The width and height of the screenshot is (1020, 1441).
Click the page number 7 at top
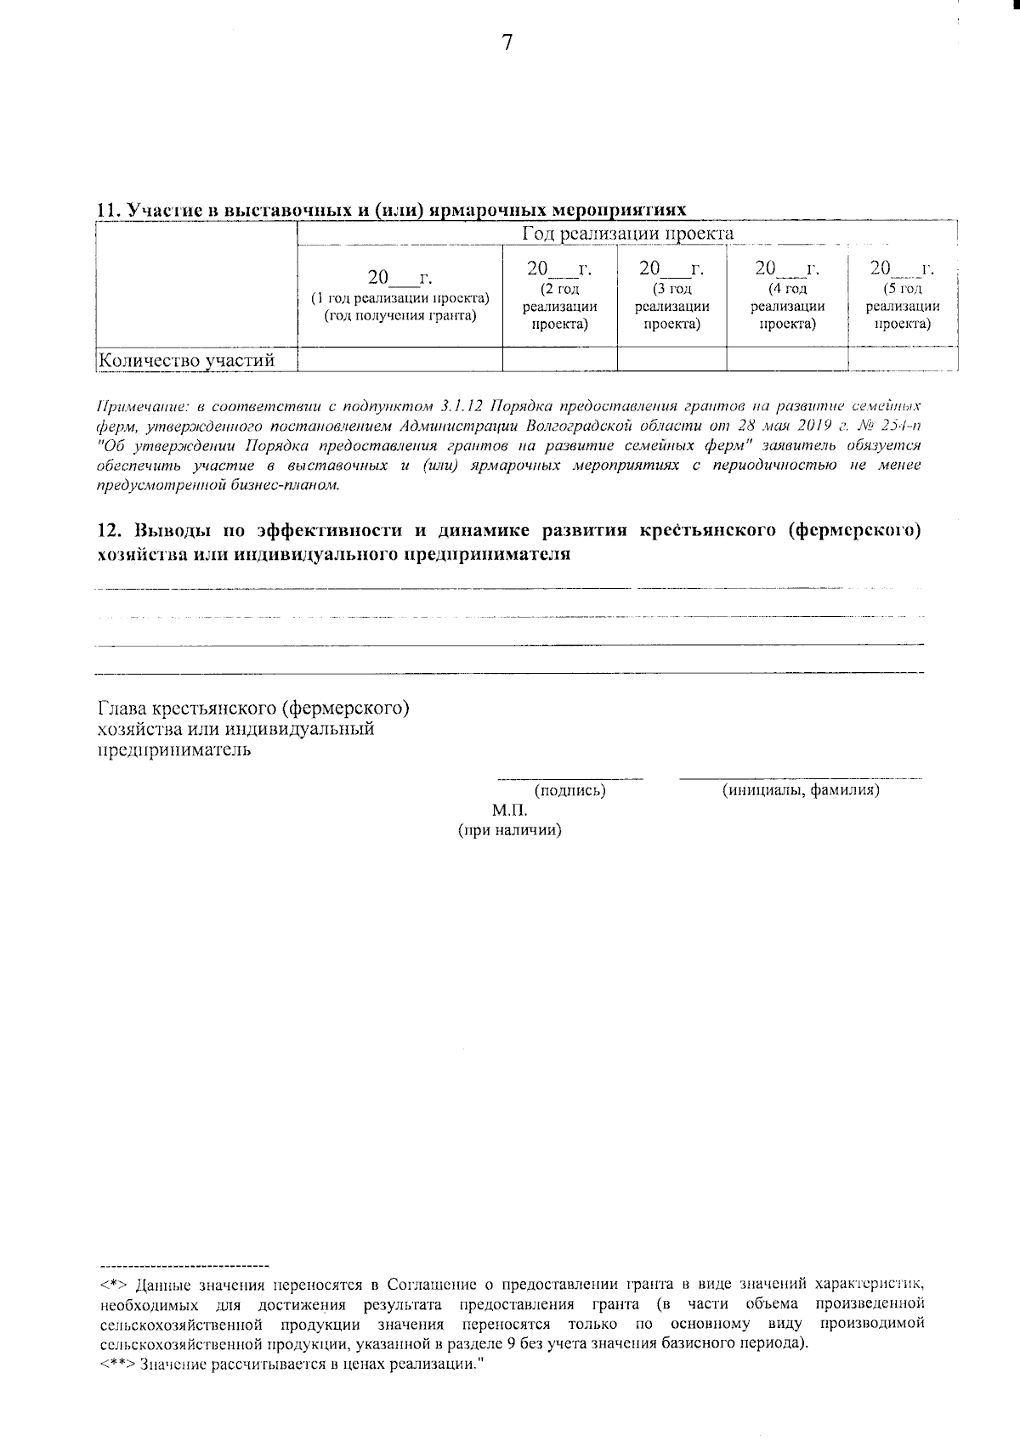(507, 43)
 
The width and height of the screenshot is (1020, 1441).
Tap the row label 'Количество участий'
(187, 360)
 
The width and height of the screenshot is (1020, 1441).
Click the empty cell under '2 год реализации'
(559, 359)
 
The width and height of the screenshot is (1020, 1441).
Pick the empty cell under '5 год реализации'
(902, 359)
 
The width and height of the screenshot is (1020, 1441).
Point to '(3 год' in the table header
(671, 289)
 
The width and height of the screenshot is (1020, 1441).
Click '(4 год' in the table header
(787, 289)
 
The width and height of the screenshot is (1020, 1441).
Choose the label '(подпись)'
(569, 791)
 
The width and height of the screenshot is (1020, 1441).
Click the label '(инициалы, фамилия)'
(800, 791)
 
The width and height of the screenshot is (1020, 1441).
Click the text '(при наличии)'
(510, 830)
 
